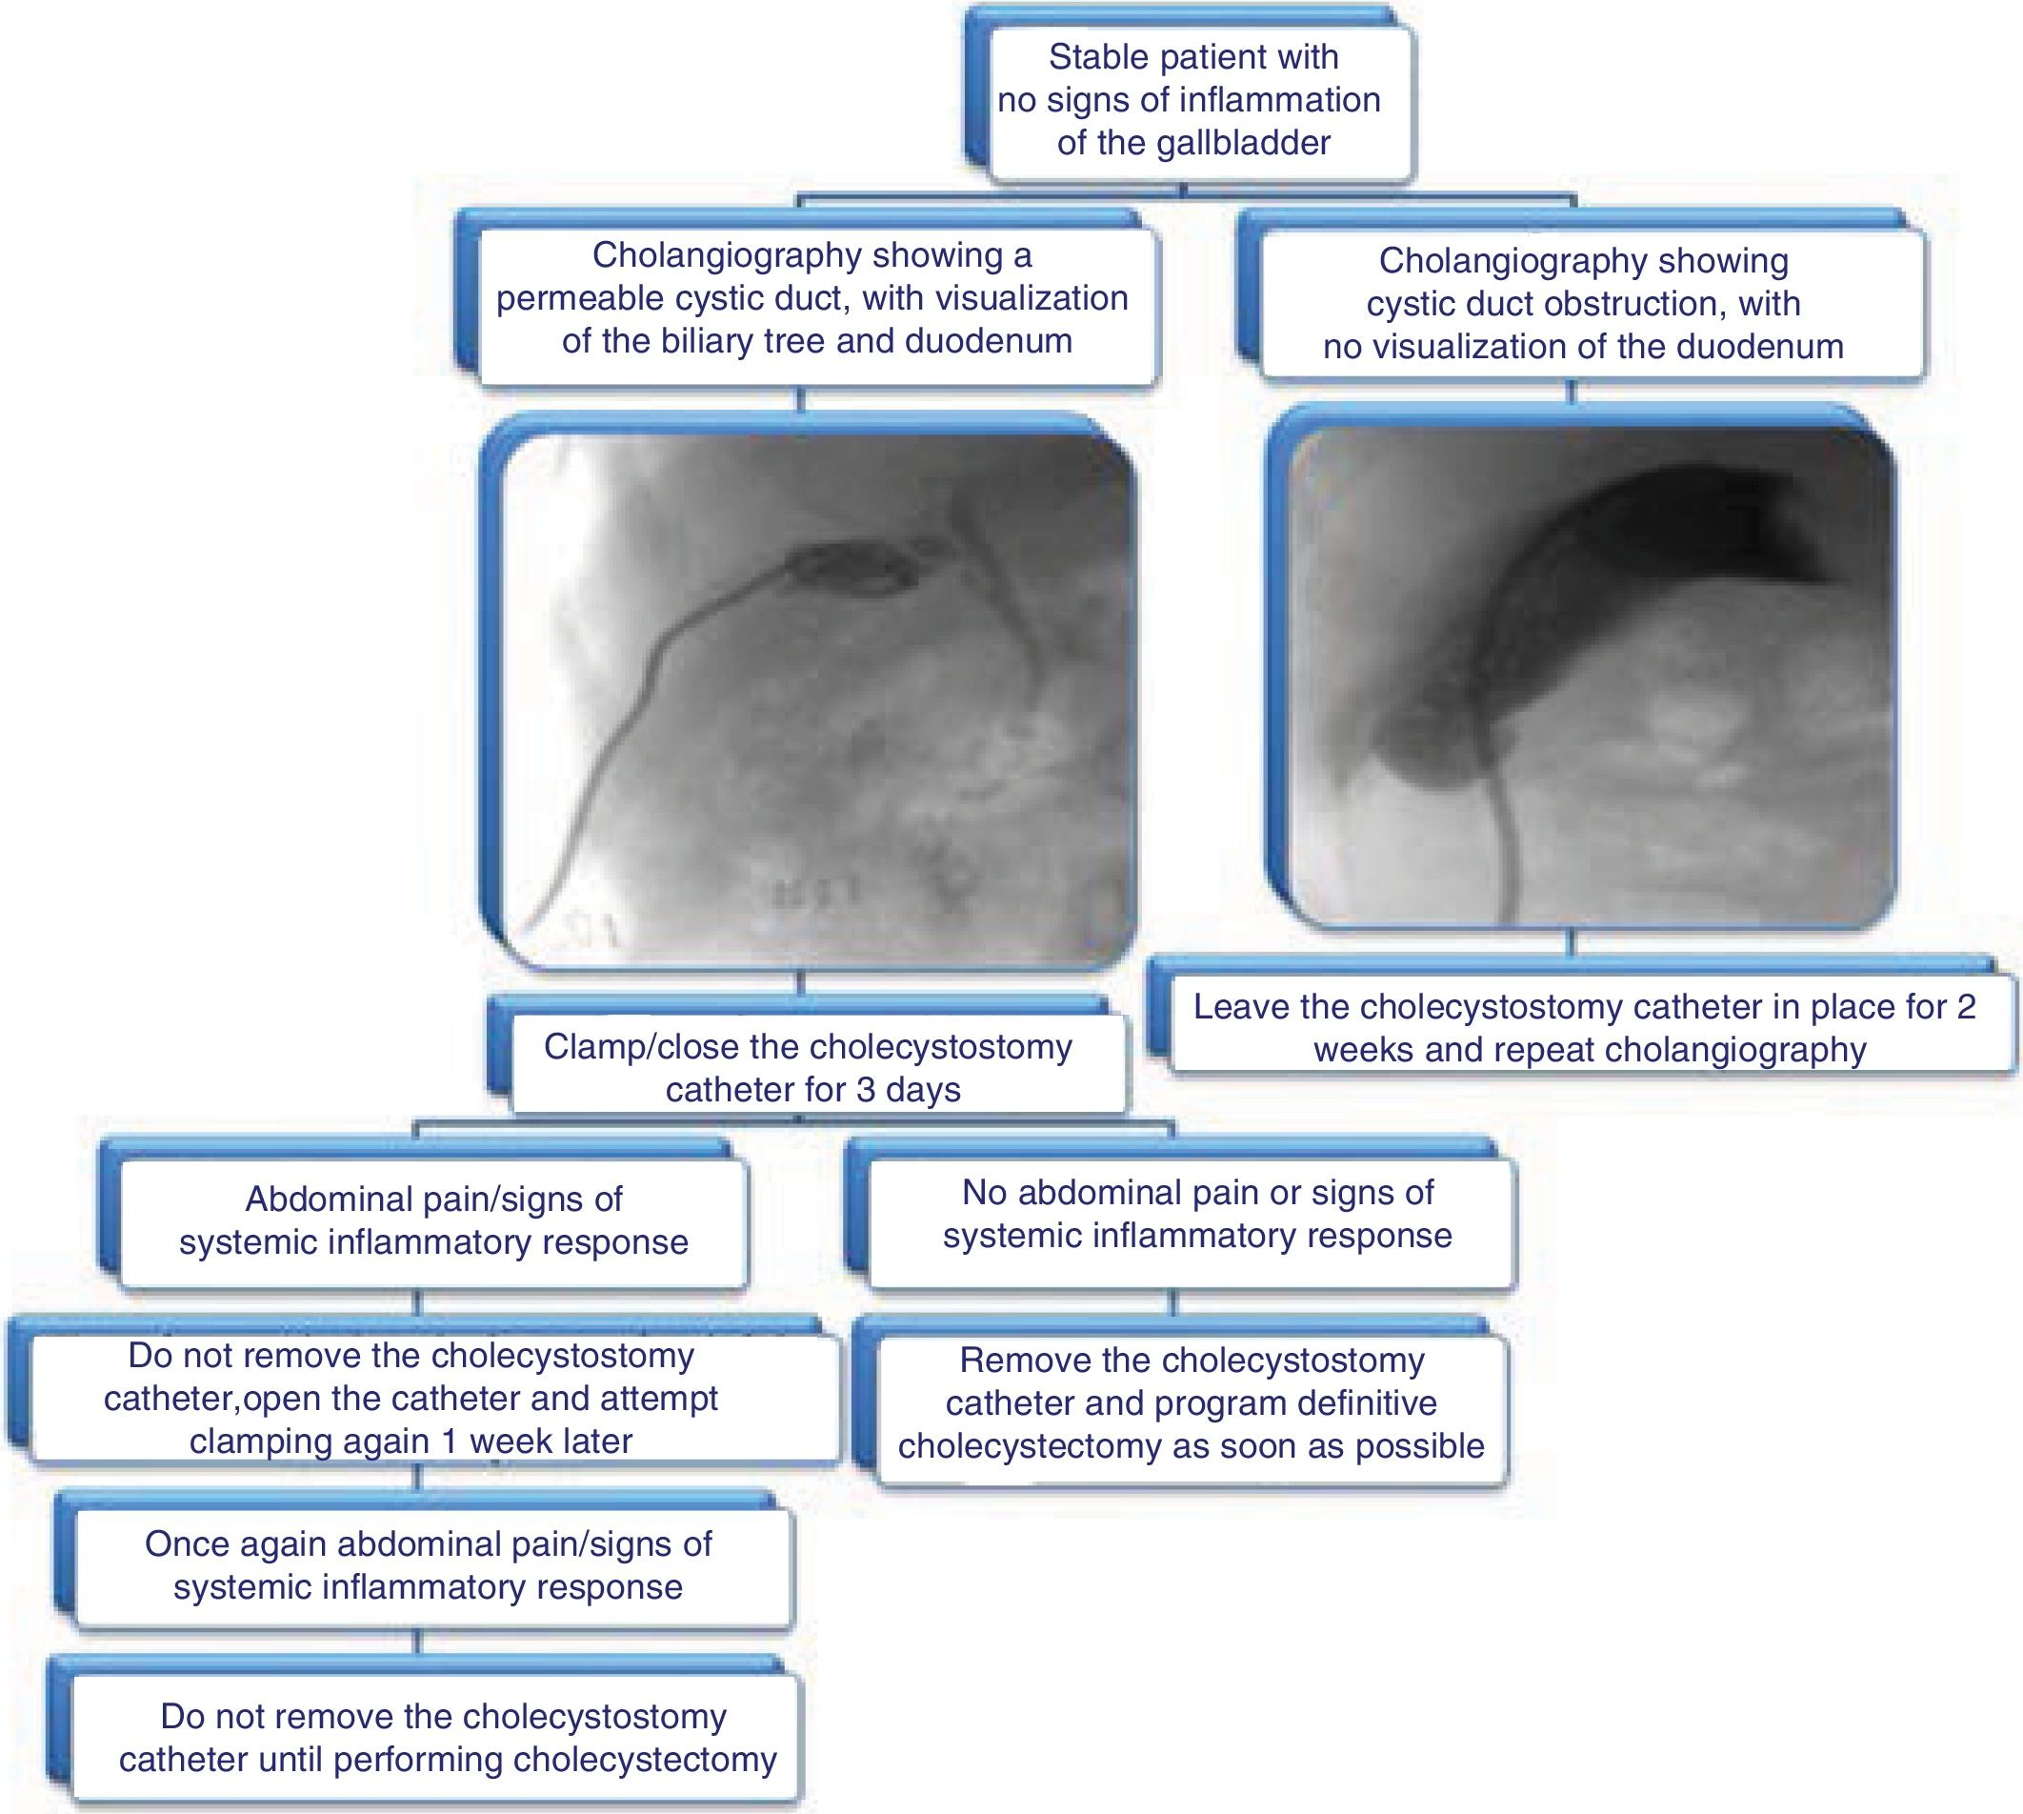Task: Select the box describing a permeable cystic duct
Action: (812, 298)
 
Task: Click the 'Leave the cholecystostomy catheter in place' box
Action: (1585, 1028)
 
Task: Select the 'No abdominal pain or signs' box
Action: (1196, 1213)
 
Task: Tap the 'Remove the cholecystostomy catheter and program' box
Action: (1191, 1402)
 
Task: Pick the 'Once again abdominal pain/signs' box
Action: (429, 1564)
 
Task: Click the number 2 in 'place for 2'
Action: (1965, 1007)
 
